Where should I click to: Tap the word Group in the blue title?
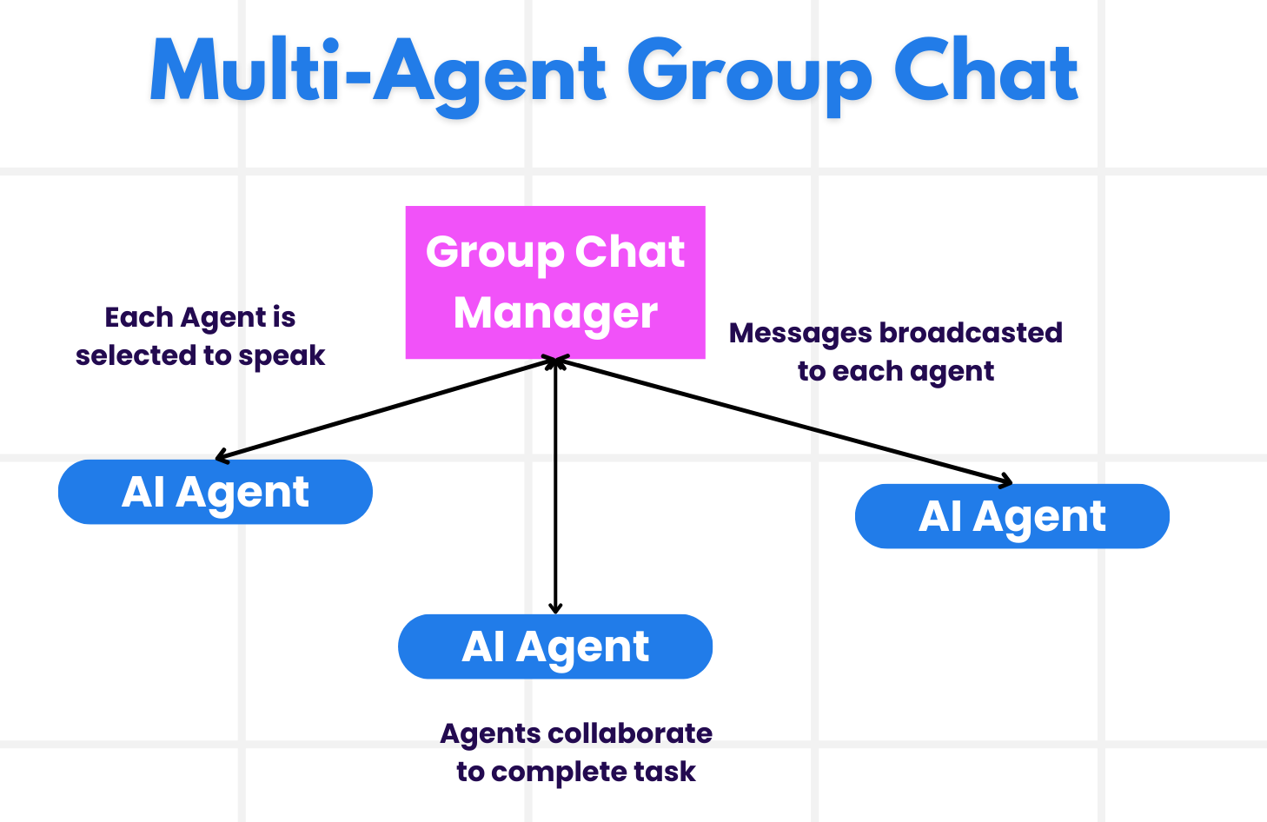pyautogui.click(x=748, y=74)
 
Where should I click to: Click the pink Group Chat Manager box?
pyautogui.click(x=555, y=282)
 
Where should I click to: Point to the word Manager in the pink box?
pyautogui.click(x=555, y=313)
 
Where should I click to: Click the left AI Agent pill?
pyautogui.click(x=215, y=492)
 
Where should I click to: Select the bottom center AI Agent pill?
pyautogui.click(x=555, y=646)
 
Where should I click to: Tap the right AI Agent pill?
pyautogui.click(x=1012, y=516)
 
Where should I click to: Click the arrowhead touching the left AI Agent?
pyautogui.click(x=221, y=456)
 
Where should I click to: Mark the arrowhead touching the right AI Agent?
pyautogui.click(x=1007, y=481)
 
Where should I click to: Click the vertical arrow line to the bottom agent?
pyautogui.click(x=555, y=487)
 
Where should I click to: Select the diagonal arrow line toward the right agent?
pyautogui.click(x=782, y=421)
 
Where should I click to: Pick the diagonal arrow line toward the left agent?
pyautogui.click(x=382, y=408)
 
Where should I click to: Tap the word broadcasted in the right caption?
pyautogui.click(x=971, y=333)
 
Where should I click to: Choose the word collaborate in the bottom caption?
pyautogui.click(x=631, y=733)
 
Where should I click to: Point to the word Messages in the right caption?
pyautogui.click(x=799, y=333)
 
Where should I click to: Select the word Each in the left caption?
pyautogui.click(x=137, y=317)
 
